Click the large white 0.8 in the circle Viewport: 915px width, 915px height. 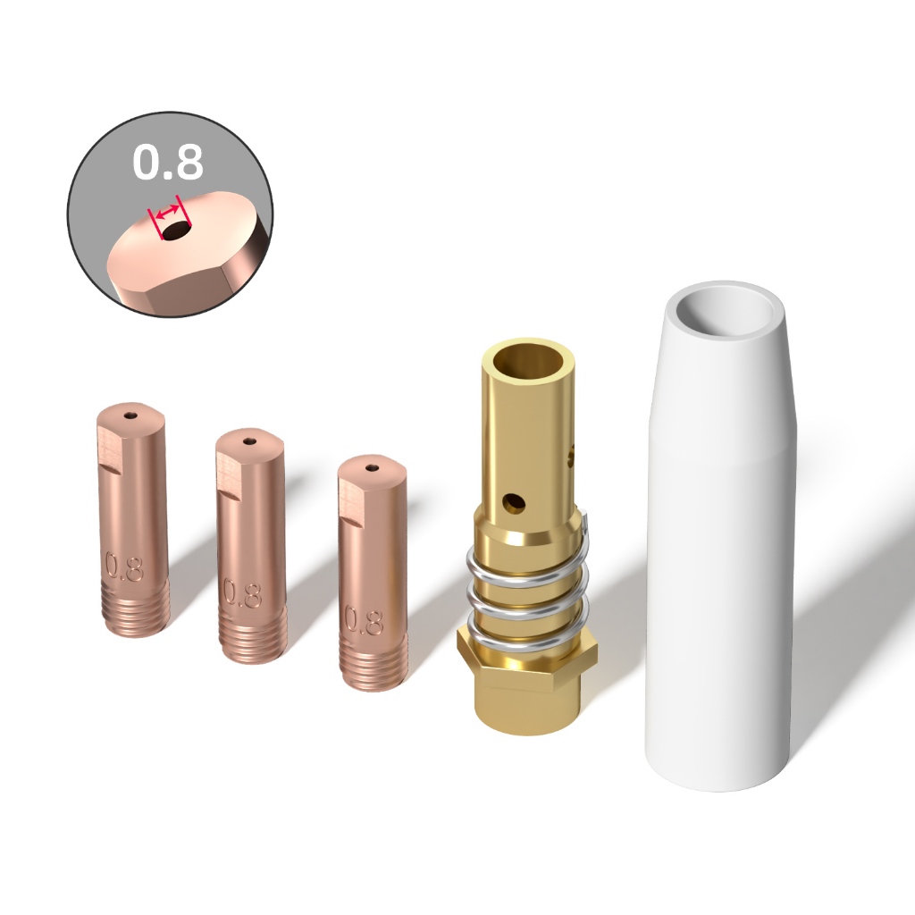click(x=168, y=162)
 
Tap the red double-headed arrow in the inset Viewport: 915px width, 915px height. click(x=168, y=209)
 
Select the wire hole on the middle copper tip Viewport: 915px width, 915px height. click(x=251, y=441)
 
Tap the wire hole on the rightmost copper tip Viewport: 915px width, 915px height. click(x=372, y=467)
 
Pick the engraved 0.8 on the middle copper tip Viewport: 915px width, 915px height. click(x=243, y=594)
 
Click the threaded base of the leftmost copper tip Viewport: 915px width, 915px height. click(x=136, y=608)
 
